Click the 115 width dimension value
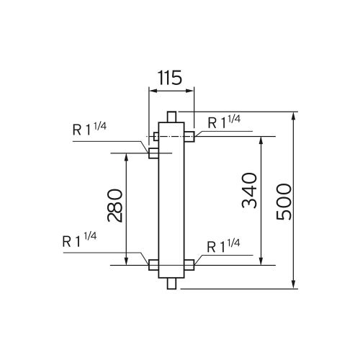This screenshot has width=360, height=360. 171,78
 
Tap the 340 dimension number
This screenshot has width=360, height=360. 249,191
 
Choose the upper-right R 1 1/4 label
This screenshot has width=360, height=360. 225,121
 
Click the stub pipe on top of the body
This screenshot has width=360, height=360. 171,117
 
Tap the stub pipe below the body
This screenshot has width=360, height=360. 171,284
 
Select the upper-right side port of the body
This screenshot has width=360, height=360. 189,136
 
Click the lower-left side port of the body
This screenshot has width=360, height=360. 153,265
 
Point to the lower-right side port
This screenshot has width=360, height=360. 189,265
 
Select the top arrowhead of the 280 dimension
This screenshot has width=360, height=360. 127,158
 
